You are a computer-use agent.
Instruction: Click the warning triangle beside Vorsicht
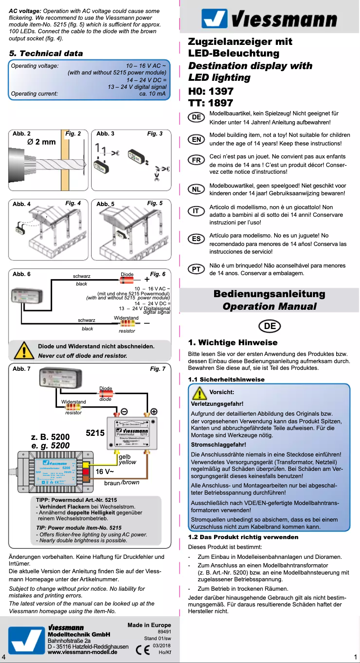tap(199, 393)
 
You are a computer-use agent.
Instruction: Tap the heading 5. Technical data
tap(46, 53)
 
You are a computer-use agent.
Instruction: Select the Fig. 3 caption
tap(155, 134)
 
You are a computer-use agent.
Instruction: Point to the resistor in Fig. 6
tap(127, 323)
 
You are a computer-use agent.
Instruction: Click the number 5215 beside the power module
tap(95, 433)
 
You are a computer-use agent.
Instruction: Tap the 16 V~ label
tap(105, 472)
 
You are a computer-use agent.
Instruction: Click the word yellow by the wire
tap(127, 462)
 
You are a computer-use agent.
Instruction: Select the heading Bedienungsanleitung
tap(269, 294)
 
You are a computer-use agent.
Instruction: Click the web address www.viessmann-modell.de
tap(83, 652)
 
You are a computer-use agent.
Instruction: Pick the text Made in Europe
tap(149, 625)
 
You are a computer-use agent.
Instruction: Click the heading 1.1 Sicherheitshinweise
tap(226, 379)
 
